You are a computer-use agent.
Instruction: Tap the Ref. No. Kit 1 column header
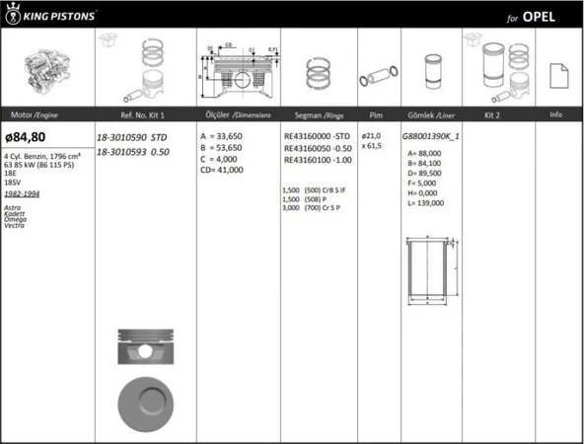tap(136, 115)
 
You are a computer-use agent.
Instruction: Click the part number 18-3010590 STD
tap(132, 137)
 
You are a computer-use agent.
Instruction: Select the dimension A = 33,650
tap(223, 136)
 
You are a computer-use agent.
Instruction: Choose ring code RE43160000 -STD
tap(317, 136)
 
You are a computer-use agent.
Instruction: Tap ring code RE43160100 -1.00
tap(317, 160)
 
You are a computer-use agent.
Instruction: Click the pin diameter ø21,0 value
tap(371, 135)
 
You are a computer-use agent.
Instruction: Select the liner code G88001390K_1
tap(431, 136)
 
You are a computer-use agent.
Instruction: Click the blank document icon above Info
tap(555, 72)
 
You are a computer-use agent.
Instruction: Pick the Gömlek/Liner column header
tap(430, 115)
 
